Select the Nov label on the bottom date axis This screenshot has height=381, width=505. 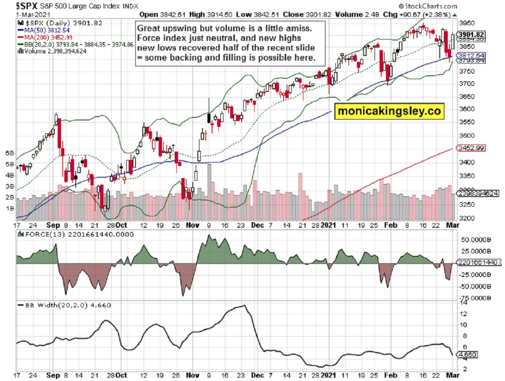[x=192, y=225]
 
